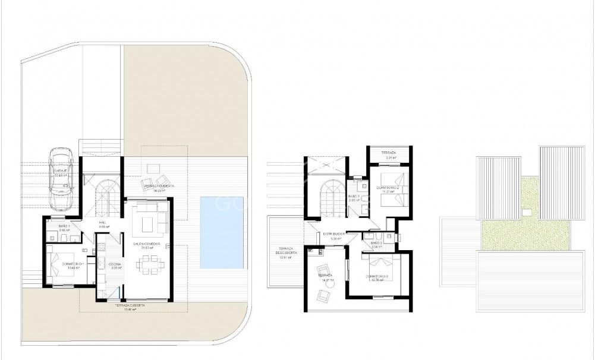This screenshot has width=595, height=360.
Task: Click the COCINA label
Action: pyautogui.click(x=115, y=263)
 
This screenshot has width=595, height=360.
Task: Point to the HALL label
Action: pyautogui.click(x=102, y=223)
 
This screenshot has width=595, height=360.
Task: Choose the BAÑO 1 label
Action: pyautogui.click(x=65, y=226)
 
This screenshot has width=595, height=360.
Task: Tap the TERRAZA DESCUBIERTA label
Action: pyautogui.click(x=279, y=252)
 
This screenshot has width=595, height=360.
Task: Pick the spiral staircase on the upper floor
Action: pyautogui.click(x=328, y=198)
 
